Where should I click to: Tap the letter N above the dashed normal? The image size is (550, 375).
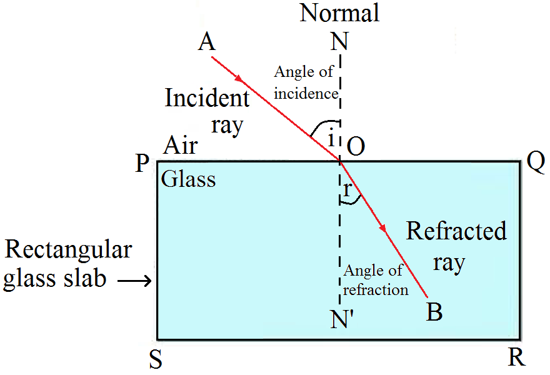pos(340,42)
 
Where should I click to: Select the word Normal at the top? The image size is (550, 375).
pos(339,12)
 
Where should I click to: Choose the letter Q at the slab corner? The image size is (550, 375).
pos(536,163)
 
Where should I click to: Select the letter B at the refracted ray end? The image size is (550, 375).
pos(434,311)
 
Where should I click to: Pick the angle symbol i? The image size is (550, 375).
pos(331,138)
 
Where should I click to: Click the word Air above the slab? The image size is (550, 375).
pos(181,146)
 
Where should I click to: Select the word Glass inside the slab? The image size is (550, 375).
pos(188,180)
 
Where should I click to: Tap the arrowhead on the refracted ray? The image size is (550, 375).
pos(383,231)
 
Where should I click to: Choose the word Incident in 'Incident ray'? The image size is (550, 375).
pos(207,98)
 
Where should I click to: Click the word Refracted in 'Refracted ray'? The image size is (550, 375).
pos(456,231)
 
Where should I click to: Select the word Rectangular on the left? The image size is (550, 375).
pos(68,250)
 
